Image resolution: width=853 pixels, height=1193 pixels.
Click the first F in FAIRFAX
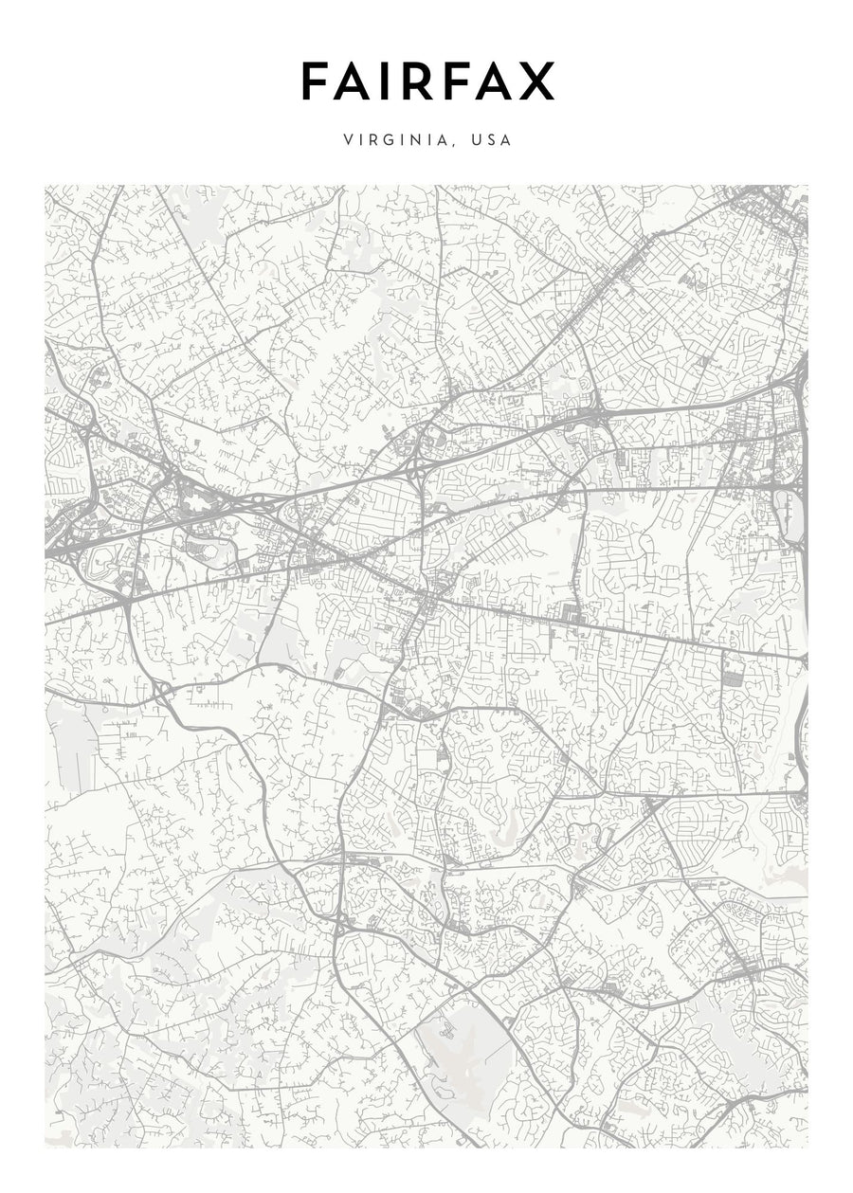click(x=316, y=82)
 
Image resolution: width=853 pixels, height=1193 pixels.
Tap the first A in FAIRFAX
click(x=354, y=82)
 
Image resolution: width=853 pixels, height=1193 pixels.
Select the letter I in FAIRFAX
click(x=387, y=82)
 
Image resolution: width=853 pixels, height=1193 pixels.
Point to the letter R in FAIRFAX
click(x=415, y=82)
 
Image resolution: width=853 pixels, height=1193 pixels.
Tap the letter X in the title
click(x=536, y=82)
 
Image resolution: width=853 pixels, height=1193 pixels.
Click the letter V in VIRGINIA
click(x=350, y=140)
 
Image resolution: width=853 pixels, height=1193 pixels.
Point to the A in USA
click(x=507, y=140)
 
